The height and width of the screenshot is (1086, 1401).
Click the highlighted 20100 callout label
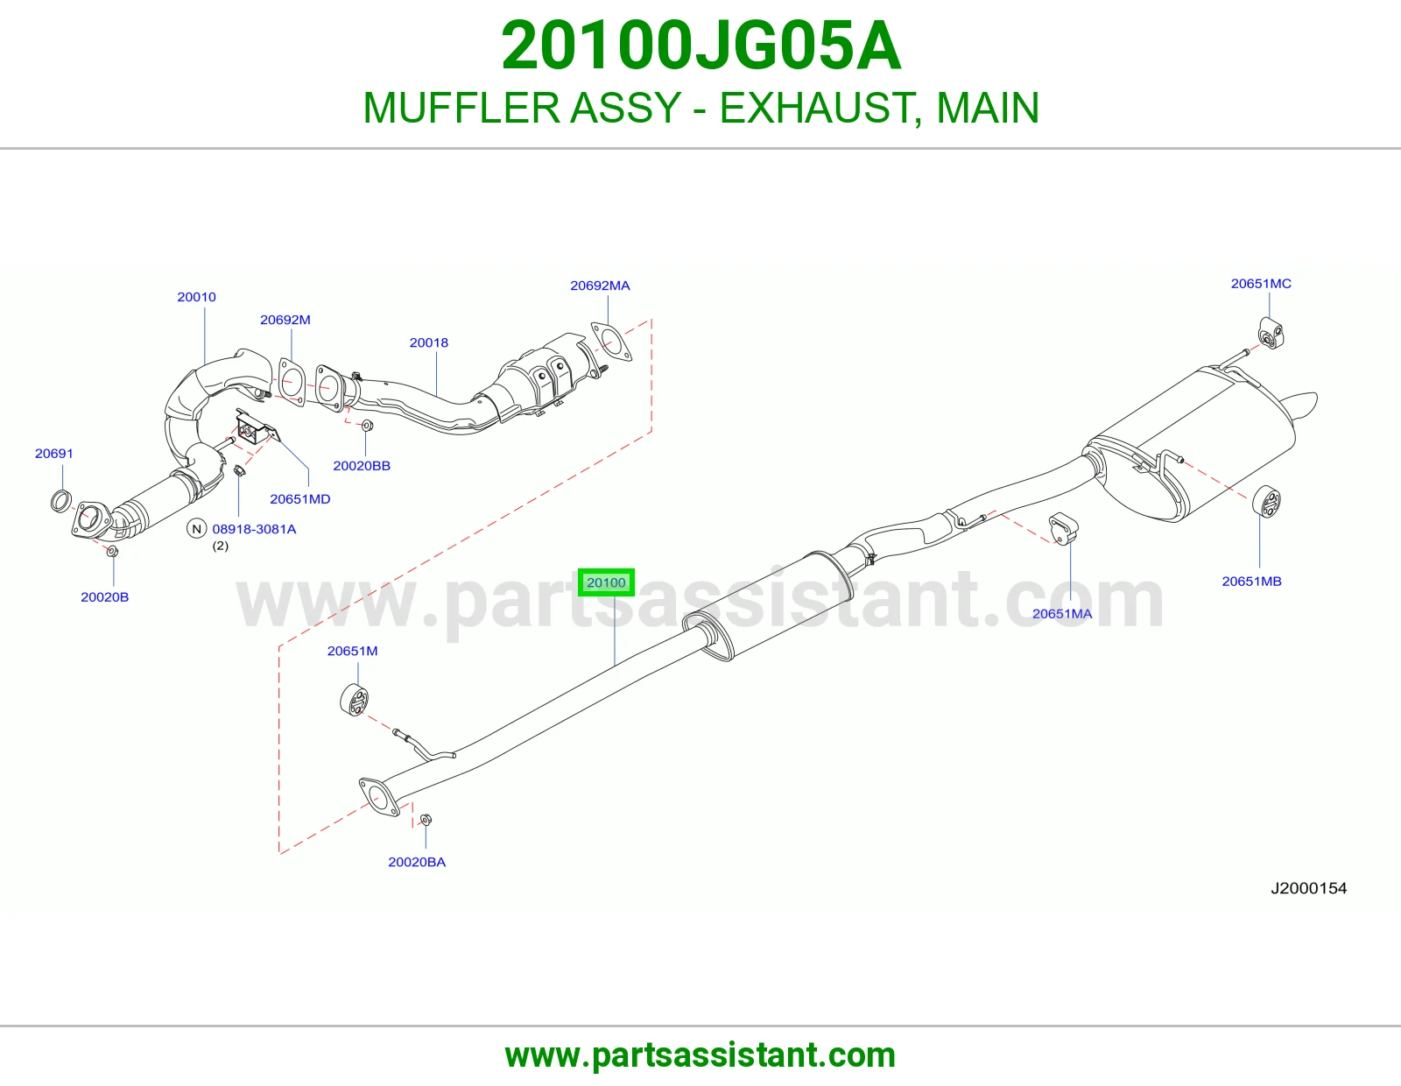click(x=606, y=582)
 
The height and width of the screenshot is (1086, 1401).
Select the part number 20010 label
click(x=197, y=297)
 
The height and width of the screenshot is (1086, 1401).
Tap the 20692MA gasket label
click(x=600, y=286)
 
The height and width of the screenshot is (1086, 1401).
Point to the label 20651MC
click(x=1261, y=284)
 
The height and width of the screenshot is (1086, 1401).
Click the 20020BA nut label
click(x=417, y=862)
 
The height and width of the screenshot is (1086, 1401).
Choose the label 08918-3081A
click(x=254, y=530)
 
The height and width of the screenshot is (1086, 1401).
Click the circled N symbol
click(x=197, y=529)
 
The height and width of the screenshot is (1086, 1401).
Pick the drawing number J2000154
click(x=1309, y=889)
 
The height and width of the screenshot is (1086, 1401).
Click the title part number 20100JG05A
click(x=700, y=46)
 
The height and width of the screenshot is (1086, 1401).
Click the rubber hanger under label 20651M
click(x=354, y=699)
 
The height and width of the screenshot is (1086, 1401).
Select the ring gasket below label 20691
click(x=61, y=501)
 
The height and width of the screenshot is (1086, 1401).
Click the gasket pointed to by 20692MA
click(x=610, y=342)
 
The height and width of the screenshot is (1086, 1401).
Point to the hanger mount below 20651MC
click(x=1271, y=333)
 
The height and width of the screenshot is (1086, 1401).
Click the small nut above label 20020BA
click(x=426, y=821)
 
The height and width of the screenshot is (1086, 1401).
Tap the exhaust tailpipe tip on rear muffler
click(x=1302, y=405)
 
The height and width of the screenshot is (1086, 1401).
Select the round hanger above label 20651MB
click(x=1266, y=502)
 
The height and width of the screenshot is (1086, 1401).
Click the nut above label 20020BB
click(x=367, y=426)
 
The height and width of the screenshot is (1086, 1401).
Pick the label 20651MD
click(x=299, y=499)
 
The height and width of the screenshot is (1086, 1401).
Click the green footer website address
click(x=700, y=1055)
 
